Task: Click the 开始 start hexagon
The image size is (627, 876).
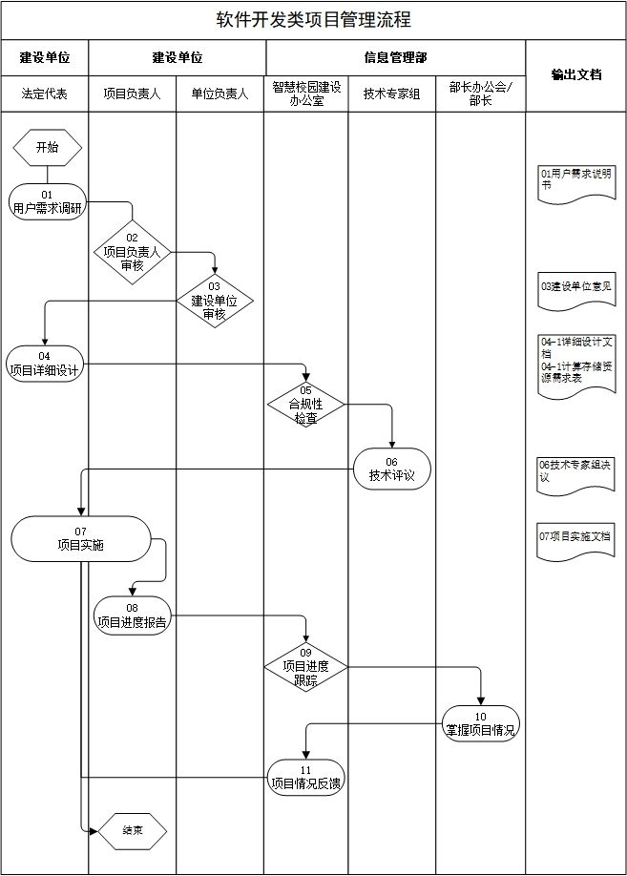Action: click(x=47, y=147)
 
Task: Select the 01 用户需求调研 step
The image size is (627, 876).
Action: click(x=47, y=201)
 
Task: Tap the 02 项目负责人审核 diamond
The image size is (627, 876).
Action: click(x=132, y=252)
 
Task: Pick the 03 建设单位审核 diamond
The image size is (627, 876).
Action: click(x=214, y=302)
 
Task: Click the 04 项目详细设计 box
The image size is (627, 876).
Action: click(x=45, y=363)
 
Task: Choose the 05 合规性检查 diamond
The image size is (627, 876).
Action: click(x=305, y=405)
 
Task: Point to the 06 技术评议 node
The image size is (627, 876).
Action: click(x=391, y=469)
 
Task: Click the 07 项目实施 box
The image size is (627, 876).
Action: click(x=81, y=538)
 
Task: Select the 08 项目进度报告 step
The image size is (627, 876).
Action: click(x=132, y=615)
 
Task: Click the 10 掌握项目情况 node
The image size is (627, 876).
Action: click(x=480, y=723)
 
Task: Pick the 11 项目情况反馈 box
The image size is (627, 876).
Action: click(x=305, y=777)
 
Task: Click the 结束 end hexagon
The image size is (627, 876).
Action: click(x=133, y=830)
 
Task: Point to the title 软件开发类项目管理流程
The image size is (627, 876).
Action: click(x=313, y=20)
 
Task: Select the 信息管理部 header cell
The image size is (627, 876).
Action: click(x=395, y=57)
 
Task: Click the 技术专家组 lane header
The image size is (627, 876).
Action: click(x=391, y=94)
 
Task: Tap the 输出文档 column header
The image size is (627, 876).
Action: click(x=576, y=74)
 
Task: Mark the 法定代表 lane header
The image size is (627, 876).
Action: click(x=45, y=94)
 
